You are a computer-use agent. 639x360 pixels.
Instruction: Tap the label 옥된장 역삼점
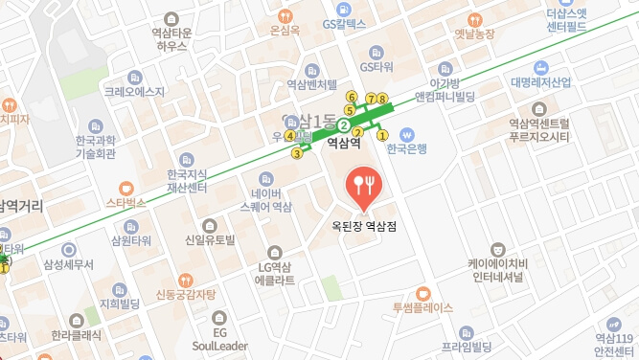click(363, 227)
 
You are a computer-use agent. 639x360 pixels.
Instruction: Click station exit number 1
click(383, 135)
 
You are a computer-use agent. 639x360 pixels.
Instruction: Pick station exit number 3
click(297, 153)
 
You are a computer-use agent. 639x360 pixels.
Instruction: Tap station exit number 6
click(351, 97)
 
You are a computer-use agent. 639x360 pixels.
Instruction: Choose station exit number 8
click(382, 99)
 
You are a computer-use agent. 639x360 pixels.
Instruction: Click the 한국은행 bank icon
click(406, 134)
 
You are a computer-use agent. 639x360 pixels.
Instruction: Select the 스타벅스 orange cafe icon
click(126, 189)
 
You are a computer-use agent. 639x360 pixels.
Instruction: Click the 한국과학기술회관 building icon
click(95, 126)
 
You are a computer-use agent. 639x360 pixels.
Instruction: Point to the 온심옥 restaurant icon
click(284, 15)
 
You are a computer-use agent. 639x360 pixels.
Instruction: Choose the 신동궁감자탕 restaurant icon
click(171, 278)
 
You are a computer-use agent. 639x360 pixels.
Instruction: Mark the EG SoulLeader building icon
click(219, 316)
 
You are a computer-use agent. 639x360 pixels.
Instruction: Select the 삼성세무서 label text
click(70, 263)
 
